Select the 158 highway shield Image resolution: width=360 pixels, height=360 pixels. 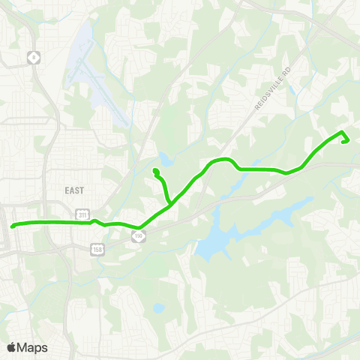coord(97,248)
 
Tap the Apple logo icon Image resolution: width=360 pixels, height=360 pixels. coord(11,347)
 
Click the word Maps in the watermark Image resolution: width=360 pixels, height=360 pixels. coord(32,347)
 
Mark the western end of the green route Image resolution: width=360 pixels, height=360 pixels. coord(13,226)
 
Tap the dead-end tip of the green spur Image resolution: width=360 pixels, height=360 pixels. coord(155,172)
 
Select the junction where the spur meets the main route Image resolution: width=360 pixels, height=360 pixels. coord(172,203)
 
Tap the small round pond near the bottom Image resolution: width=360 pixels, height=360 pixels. coord(158,307)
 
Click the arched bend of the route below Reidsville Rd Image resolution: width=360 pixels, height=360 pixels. coord(222,160)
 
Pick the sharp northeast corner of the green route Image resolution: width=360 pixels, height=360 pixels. coord(343,133)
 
